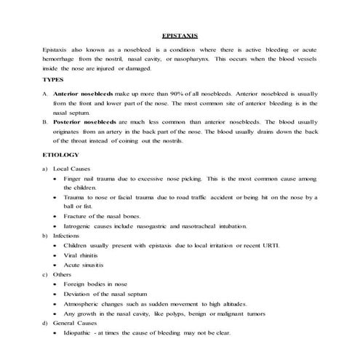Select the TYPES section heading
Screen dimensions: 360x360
click(x=53, y=79)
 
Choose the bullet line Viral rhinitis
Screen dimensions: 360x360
click(x=80, y=256)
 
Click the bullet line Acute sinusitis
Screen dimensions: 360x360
click(x=81, y=266)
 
